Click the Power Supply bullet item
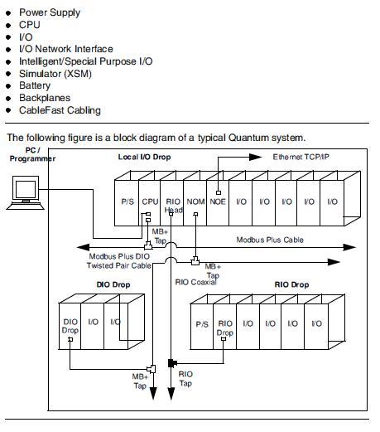pyautogui.click(x=50, y=12)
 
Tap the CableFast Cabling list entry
pyautogui.click(x=60, y=109)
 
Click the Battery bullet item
pyautogui.click(x=34, y=85)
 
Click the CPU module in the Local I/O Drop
pyautogui.click(x=150, y=201)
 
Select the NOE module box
pyautogui.click(x=219, y=201)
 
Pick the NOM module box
pyautogui.click(x=195, y=201)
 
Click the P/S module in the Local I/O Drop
pyautogui.click(x=127, y=201)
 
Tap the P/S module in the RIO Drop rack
pyautogui.click(x=202, y=324)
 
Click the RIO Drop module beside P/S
pyautogui.click(x=224, y=328)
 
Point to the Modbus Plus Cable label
pyautogui.click(x=270, y=239)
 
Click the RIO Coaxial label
pyautogui.click(x=195, y=282)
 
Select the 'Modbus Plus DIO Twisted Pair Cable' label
pyautogui.click(x=120, y=261)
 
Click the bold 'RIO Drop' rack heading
pyautogui.click(x=291, y=284)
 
